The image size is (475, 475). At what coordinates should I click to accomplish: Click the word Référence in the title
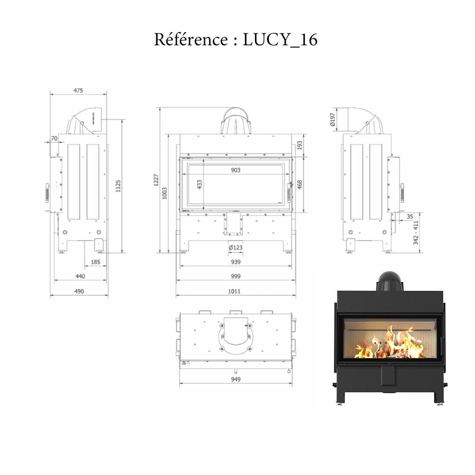[191, 40]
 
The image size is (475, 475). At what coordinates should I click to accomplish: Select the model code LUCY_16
[280, 40]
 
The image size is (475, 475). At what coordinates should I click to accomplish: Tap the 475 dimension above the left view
[78, 90]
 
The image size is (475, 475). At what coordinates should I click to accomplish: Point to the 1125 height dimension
[118, 186]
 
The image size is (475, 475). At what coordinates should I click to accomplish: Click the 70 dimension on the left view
[54, 139]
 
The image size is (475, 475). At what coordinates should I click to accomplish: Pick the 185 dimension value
[95, 262]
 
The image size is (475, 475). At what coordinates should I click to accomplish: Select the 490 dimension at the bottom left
[79, 291]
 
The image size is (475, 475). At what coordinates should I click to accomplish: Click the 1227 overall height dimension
[156, 180]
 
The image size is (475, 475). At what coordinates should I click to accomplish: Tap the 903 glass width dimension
[236, 170]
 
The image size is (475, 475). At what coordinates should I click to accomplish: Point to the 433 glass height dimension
[199, 184]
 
